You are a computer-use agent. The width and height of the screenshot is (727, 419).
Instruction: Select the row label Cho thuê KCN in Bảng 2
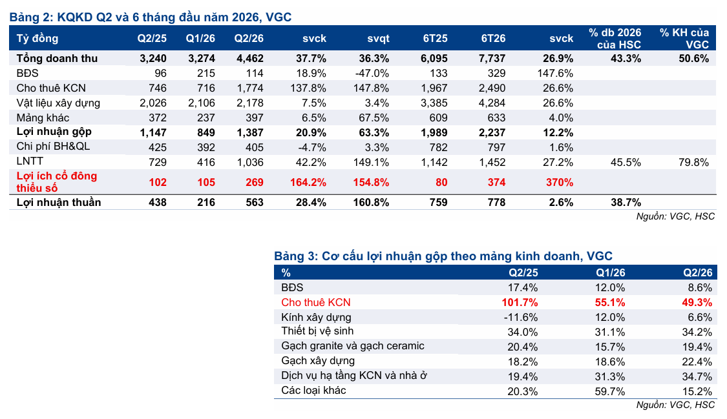click(x=51, y=88)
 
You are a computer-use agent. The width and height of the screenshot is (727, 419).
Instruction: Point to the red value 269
click(x=255, y=183)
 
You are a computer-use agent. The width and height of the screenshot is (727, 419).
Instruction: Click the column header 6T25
click(x=435, y=39)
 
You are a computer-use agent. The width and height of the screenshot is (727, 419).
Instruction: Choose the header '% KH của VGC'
click(x=684, y=39)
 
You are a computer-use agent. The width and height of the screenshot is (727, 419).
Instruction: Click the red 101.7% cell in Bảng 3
click(x=520, y=302)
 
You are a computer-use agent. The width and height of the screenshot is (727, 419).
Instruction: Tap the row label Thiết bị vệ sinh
click(x=317, y=331)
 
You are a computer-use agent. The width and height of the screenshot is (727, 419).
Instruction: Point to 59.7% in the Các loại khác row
click(x=609, y=391)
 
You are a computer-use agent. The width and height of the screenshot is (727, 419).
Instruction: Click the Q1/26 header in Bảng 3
click(x=611, y=272)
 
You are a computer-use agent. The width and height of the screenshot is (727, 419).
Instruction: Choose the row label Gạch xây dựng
click(x=318, y=361)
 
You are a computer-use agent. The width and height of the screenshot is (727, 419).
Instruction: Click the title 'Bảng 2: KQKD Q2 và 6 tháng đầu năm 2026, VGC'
click(x=151, y=17)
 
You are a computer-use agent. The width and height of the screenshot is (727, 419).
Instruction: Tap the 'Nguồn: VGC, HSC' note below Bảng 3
click(x=675, y=405)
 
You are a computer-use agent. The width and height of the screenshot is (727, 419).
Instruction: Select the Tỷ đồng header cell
click(x=37, y=39)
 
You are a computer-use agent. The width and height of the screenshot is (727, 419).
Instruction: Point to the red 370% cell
click(x=560, y=183)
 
